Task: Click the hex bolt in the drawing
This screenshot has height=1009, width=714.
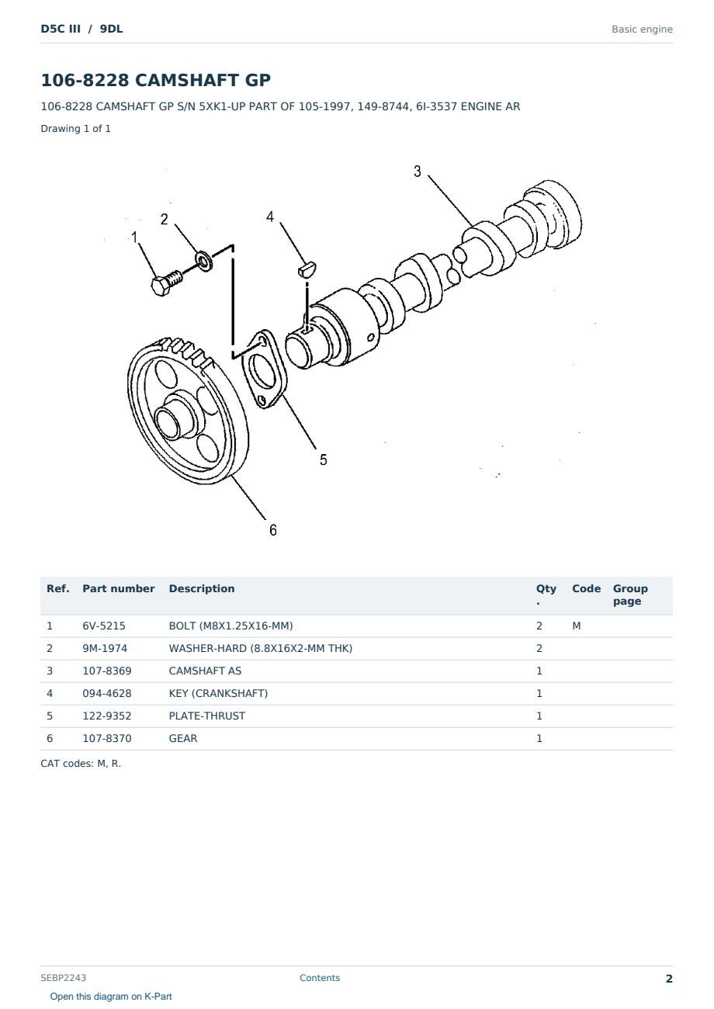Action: (x=166, y=282)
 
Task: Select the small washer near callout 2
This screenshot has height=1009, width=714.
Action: (x=203, y=262)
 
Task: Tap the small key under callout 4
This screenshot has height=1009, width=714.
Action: (x=307, y=269)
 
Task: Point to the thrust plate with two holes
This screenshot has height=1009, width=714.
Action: (x=265, y=369)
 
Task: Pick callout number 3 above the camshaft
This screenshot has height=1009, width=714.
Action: (x=417, y=172)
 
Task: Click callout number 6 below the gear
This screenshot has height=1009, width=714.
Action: (x=273, y=530)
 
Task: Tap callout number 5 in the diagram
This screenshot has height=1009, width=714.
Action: (x=324, y=460)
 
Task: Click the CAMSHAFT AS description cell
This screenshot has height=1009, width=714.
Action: (x=205, y=671)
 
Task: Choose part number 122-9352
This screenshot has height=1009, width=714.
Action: (x=107, y=716)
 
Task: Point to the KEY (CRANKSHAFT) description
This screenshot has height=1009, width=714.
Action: (x=218, y=693)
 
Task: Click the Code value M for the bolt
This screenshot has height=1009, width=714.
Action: (x=576, y=626)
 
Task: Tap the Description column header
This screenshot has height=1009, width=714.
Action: (x=201, y=588)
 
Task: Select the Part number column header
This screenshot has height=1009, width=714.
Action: (x=119, y=588)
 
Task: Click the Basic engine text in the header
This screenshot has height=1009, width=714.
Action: (x=642, y=29)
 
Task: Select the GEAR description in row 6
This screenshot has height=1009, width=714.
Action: (x=183, y=738)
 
